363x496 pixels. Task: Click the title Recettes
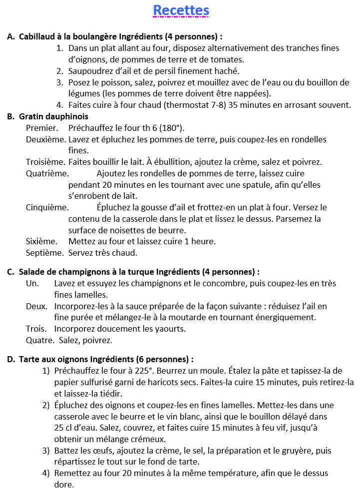pyautogui.click(x=181, y=10)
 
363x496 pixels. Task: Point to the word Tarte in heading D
pyautogui.click(x=29, y=359)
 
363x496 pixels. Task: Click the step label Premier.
pyautogui.click(x=41, y=128)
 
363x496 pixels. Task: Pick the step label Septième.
pyautogui.click(x=45, y=253)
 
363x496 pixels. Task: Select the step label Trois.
pyautogui.click(x=35, y=329)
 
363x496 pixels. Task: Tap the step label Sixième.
pyautogui.click(x=42, y=241)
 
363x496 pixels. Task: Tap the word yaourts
pyautogui.click(x=169, y=329)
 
